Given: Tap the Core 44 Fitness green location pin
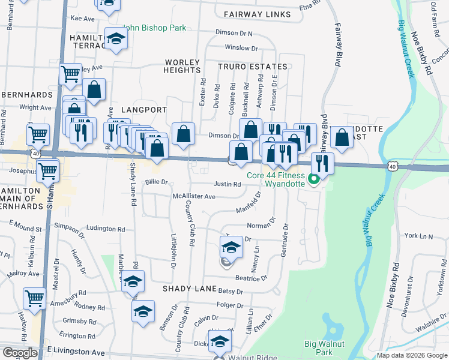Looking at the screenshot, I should [x=313, y=179].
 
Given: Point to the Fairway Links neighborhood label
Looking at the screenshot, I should [x=257, y=14].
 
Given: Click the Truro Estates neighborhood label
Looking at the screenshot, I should [x=252, y=67].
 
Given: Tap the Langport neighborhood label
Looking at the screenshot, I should [x=143, y=110].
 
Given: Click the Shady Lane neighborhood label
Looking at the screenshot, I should [x=190, y=289].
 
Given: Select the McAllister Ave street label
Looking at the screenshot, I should [x=194, y=196].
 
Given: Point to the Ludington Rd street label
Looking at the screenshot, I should [x=106, y=229].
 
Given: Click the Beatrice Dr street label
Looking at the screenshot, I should [x=251, y=278].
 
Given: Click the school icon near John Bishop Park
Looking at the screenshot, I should [x=116, y=40].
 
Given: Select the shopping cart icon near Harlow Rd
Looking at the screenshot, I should [x=35, y=297].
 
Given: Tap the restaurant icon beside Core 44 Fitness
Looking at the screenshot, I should [x=323, y=163].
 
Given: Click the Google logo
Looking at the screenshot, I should [x=20, y=353].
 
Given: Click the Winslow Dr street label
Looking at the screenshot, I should [x=241, y=48].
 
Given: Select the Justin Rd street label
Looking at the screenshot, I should [x=229, y=184].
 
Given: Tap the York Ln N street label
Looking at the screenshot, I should [x=419, y=236].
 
